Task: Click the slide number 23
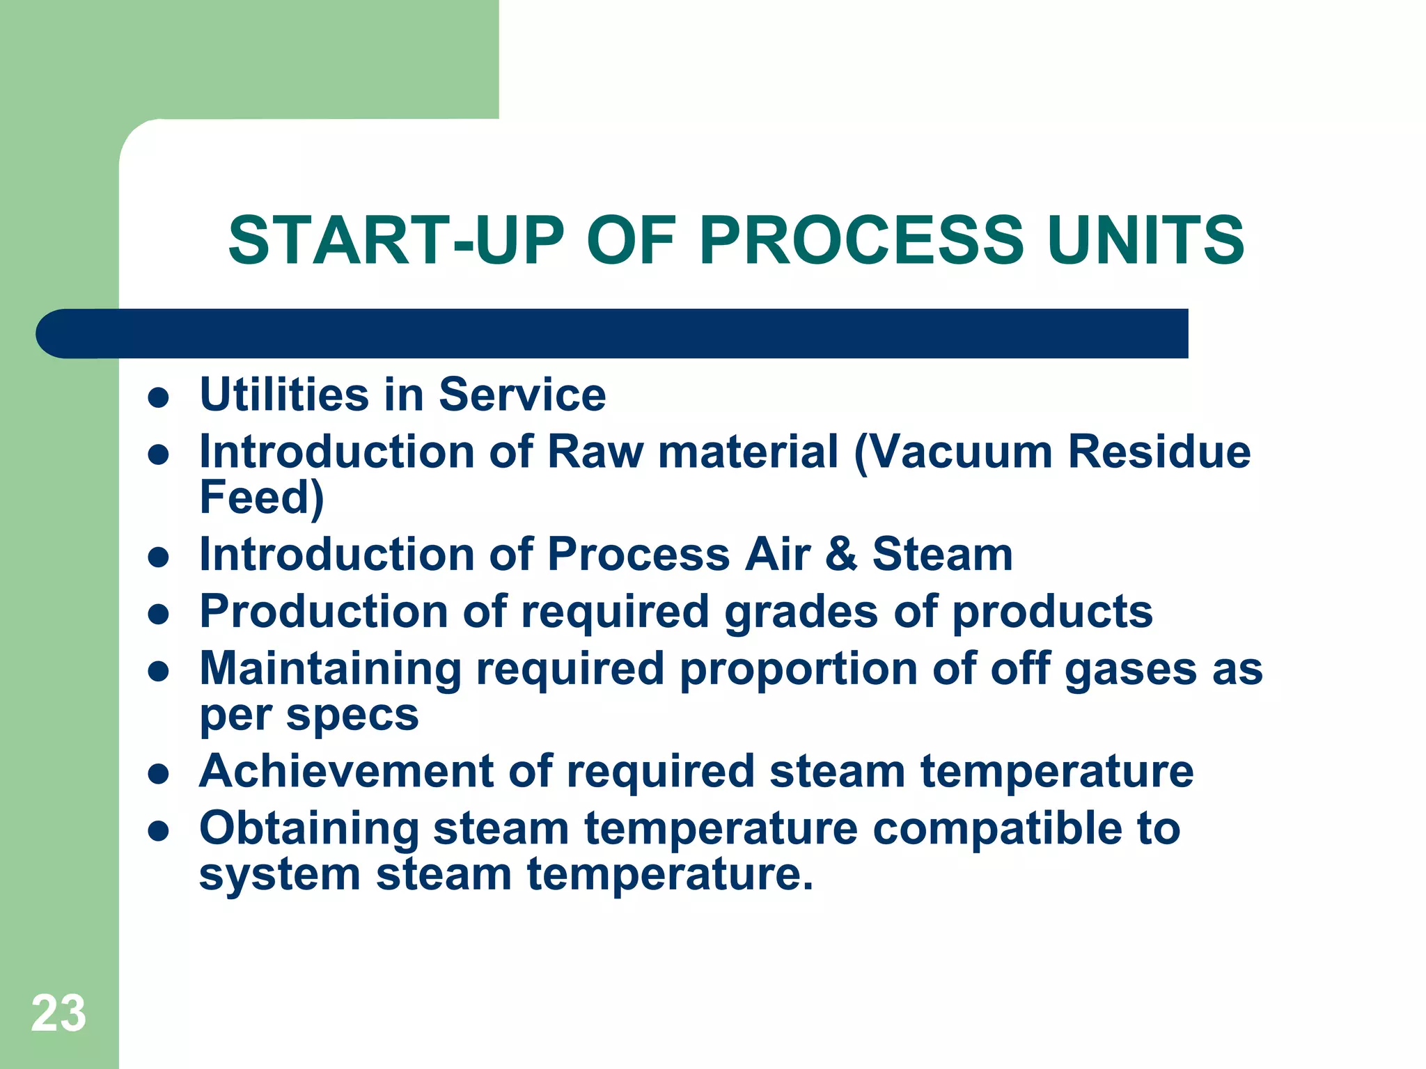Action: click(x=58, y=1013)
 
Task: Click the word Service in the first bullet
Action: click(x=522, y=395)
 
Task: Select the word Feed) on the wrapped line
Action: click(x=262, y=498)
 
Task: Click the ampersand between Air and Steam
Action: click(x=841, y=555)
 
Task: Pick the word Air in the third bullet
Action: click(x=778, y=555)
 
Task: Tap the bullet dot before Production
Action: click(x=159, y=615)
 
